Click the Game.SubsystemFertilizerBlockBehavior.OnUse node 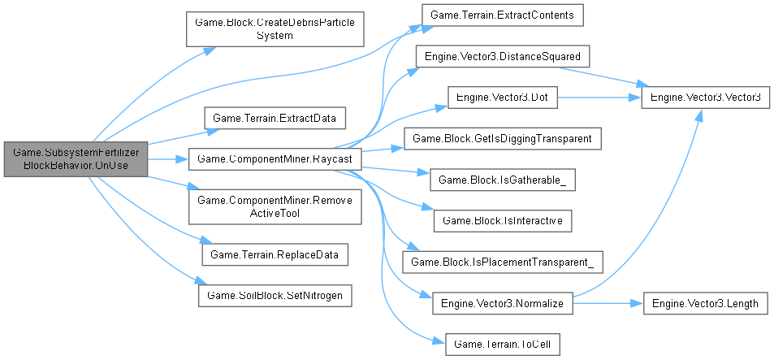(76, 158)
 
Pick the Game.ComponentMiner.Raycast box (275, 158)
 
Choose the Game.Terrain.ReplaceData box (275, 254)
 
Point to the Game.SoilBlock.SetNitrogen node (275, 294)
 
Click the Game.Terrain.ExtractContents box (500, 15)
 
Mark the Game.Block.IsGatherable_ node (502, 179)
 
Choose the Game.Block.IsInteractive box (502, 219)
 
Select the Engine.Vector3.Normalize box (502, 302)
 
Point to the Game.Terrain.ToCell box (501, 343)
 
